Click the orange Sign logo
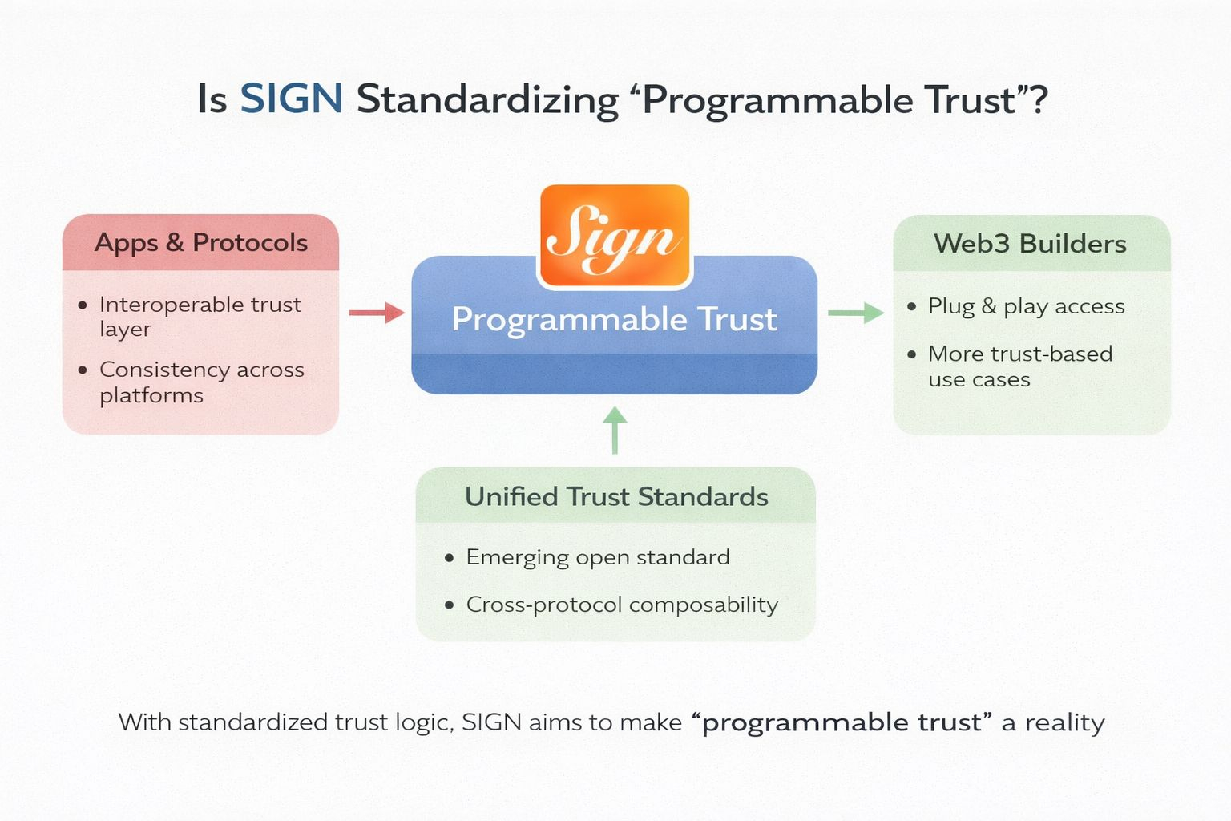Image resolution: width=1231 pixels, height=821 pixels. (614, 236)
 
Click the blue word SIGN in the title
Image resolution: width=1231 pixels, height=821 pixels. (292, 99)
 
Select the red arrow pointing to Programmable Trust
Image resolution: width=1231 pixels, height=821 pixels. (377, 313)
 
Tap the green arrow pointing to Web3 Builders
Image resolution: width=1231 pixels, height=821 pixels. (855, 313)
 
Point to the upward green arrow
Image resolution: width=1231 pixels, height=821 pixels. (615, 430)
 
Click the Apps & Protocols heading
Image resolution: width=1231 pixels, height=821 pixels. (201, 242)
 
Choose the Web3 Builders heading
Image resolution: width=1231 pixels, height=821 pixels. (1030, 244)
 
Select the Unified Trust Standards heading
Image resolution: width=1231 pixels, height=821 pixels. (616, 497)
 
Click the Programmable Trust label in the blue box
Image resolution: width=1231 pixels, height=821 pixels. (614, 319)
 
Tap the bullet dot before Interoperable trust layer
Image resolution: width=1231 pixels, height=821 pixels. (83, 305)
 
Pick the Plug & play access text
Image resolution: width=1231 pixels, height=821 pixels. (1026, 306)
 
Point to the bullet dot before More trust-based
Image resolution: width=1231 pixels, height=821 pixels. (911, 354)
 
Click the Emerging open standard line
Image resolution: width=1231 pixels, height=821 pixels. (598, 557)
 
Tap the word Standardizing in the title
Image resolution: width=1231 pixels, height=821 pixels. (487, 100)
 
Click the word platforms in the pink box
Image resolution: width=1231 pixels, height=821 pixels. (151, 395)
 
